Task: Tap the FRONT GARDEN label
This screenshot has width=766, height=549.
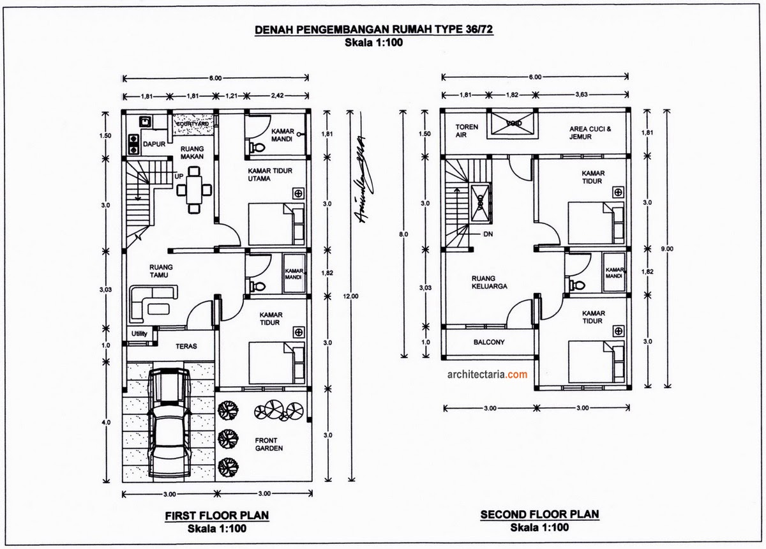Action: pos(269,444)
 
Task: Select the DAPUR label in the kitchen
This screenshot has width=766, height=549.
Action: pos(153,144)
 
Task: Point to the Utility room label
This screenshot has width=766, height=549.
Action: pos(139,334)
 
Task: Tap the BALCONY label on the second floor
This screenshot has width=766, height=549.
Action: pos(489,342)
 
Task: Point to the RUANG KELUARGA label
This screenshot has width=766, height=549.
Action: pos(490,282)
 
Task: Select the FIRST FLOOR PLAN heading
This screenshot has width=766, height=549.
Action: pos(217,515)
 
